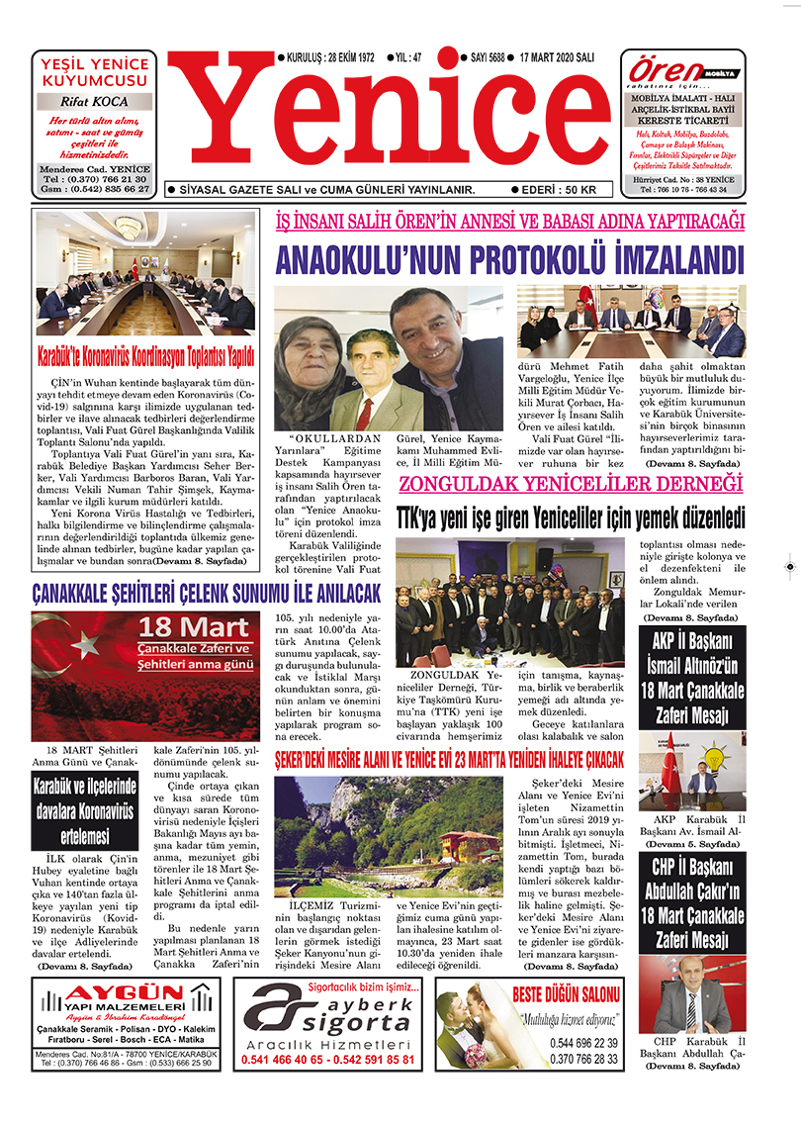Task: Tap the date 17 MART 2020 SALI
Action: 557,58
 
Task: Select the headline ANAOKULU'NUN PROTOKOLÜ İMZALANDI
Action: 508,260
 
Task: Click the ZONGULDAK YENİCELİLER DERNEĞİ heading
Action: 570,485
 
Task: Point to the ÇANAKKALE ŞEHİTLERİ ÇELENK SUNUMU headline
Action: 206,594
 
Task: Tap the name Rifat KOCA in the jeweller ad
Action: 94,102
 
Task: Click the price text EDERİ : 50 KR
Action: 560,189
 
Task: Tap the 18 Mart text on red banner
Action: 194,627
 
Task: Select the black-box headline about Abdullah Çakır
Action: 691,902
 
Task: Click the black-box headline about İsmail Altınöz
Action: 691,676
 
